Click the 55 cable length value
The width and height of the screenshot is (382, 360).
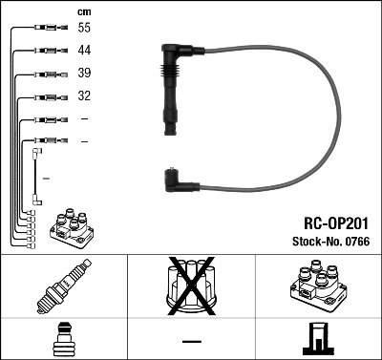coord(84,29)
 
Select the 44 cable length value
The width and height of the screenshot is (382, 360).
coord(84,50)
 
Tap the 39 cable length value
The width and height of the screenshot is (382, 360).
coord(84,74)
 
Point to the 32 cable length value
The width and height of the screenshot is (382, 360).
coord(84,96)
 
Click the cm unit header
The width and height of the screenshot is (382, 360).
coord(83,11)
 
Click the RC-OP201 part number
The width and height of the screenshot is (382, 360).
coord(329,221)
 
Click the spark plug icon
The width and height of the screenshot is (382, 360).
coord(63,287)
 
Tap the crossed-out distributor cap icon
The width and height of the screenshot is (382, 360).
coord(190,287)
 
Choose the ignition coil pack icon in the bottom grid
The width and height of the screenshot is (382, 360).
coord(316,287)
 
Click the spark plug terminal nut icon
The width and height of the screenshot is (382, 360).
coord(63,339)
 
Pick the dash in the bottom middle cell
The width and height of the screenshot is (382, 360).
coord(190,341)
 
